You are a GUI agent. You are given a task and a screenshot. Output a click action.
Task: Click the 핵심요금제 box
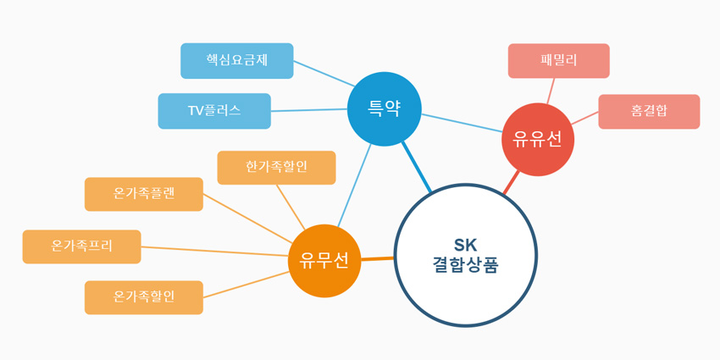pyautogui.click(x=237, y=61)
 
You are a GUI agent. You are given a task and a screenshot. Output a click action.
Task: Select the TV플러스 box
pyautogui.click(x=214, y=111)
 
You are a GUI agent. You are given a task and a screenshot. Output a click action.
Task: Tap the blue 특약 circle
pyautogui.click(x=385, y=109)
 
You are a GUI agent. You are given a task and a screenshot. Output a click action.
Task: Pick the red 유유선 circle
pyautogui.click(x=538, y=140)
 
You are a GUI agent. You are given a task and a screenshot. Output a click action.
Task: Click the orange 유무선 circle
pyautogui.click(x=324, y=261)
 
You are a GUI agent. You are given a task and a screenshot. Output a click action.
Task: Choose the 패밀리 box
pyautogui.click(x=559, y=61)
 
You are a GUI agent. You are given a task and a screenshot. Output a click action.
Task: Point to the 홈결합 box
pyautogui.click(x=650, y=112)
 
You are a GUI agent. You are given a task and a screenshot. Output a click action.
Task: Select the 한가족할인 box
pyautogui.click(x=276, y=168)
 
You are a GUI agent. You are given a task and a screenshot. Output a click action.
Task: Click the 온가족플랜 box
pyautogui.click(x=144, y=194)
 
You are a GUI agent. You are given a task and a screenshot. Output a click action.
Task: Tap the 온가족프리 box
pyautogui.click(x=81, y=246)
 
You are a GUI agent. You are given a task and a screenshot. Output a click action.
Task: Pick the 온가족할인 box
pyautogui.click(x=144, y=297)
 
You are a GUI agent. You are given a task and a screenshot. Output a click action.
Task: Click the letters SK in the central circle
pyautogui.click(x=466, y=246)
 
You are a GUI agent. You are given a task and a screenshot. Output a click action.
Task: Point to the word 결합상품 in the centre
pyautogui.click(x=466, y=266)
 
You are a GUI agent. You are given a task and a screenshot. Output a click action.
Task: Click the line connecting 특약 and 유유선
pyautogui.click(x=462, y=123)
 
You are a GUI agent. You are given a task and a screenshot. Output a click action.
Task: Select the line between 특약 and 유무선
pyautogui.click(x=354, y=186)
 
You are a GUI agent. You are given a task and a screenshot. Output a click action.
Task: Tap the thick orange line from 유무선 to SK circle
pyautogui.click(x=378, y=259)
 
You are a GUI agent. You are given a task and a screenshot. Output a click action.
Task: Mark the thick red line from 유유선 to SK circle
pyautogui.click(x=512, y=182)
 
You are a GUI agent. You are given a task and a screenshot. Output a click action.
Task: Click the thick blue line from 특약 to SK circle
pyautogui.click(x=417, y=167)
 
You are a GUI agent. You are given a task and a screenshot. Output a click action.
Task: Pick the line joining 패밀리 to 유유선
pyautogui.click(x=551, y=91)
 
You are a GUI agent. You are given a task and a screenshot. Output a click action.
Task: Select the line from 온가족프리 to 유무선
pyautogui.click(x=214, y=252)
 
